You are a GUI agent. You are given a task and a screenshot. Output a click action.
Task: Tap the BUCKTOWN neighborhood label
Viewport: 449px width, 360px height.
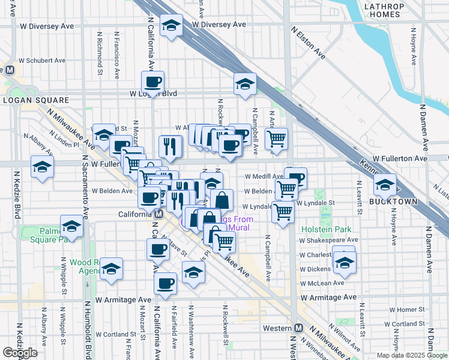393,202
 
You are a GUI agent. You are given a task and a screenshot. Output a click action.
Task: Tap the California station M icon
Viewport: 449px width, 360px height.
158,214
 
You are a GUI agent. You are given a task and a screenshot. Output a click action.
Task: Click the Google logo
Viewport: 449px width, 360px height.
20,353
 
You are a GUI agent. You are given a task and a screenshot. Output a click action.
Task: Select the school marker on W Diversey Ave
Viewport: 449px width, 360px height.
172,26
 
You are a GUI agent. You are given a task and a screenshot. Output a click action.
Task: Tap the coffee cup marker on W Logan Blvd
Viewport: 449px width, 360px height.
152,82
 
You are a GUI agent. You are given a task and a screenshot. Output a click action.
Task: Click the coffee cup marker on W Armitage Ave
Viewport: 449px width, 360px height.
165,284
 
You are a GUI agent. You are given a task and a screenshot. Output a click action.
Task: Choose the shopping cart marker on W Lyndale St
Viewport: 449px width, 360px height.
282,212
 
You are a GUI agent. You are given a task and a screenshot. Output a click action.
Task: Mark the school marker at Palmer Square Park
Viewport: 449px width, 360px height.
71,226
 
